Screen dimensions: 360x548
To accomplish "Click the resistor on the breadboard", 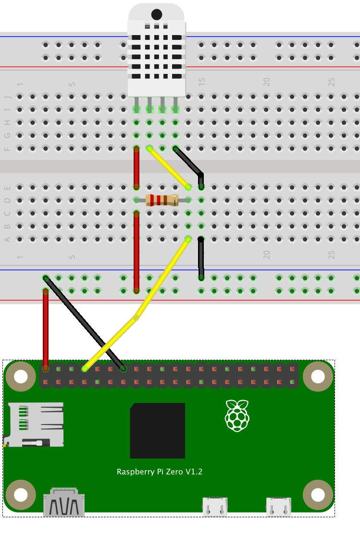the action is click(x=162, y=200).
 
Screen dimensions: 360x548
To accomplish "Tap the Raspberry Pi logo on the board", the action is click(x=237, y=415).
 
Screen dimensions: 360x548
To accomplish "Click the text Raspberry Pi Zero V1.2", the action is click(x=160, y=472).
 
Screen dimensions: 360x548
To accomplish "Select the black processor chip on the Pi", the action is click(x=158, y=430).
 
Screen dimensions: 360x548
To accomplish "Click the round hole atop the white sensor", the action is click(x=156, y=15).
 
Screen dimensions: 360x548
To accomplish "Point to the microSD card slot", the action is click(x=34, y=425).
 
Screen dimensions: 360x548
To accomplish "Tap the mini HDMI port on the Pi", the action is click(x=64, y=502).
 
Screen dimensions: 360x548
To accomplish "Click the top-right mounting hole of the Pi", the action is click(x=318, y=377).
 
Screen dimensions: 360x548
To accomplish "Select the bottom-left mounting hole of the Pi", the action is click(x=21, y=495).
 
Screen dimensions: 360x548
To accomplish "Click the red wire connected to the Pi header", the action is click(x=46, y=329).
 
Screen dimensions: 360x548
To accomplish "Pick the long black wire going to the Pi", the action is click(x=84, y=323).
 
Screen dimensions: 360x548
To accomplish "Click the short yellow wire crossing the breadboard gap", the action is click(x=169, y=168).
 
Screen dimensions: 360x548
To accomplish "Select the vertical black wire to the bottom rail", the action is click(x=201, y=258).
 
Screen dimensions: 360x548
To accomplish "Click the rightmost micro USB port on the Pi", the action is click(x=278, y=507).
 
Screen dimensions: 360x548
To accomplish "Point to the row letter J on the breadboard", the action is click(x=7, y=97).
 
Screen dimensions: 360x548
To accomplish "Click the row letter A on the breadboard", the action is click(x=7, y=239).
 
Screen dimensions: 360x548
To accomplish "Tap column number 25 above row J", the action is click(x=331, y=82).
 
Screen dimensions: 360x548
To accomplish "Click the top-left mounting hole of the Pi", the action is click(x=21, y=377).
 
